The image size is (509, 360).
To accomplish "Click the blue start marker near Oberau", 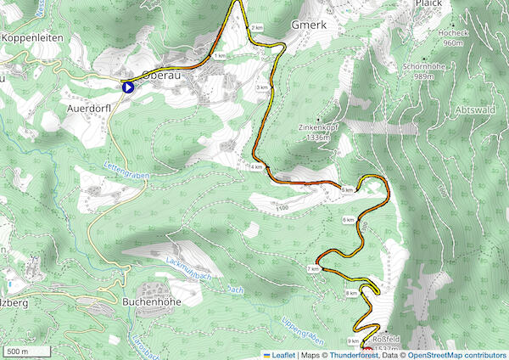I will click(x=128, y=87).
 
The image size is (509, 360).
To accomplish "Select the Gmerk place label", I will click(x=308, y=25).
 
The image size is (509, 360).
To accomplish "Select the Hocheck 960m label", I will click(x=454, y=37).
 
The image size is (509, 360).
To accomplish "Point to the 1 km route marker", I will click(x=220, y=56).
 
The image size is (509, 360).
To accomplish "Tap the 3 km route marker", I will click(x=263, y=87).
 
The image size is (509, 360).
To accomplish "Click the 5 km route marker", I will click(x=347, y=189).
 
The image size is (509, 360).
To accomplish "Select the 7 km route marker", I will click(x=313, y=268).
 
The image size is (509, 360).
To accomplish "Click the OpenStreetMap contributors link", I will click(x=458, y=354).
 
